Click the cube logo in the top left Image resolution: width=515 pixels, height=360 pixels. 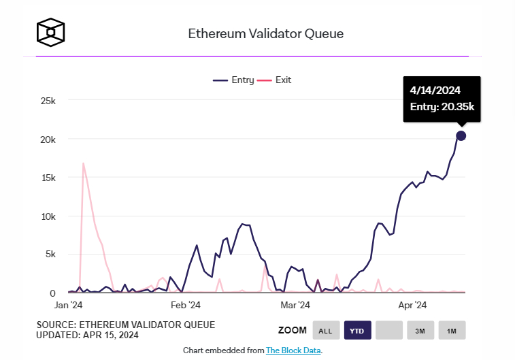point(50,31)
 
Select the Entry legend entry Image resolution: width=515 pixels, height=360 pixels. point(233,80)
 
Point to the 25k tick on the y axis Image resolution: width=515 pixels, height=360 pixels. point(48,101)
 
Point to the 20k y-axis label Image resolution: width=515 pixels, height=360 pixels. point(48,139)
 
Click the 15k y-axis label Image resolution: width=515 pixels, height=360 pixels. point(48,178)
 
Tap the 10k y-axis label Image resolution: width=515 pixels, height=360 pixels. point(48,216)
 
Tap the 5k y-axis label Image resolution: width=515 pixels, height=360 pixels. point(50,255)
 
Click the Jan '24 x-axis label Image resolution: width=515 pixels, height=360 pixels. point(69,305)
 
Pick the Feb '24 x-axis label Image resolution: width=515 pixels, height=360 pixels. point(185,305)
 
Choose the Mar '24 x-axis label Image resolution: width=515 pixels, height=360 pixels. point(295,305)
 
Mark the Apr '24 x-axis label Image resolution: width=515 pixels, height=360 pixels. point(411,305)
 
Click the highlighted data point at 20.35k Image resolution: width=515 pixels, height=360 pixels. point(461,135)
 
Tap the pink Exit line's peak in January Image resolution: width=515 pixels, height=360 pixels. point(83,163)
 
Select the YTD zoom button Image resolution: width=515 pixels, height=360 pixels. point(356,331)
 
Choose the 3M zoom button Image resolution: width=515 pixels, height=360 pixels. point(420,331)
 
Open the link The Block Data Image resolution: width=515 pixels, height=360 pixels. point(293,350)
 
